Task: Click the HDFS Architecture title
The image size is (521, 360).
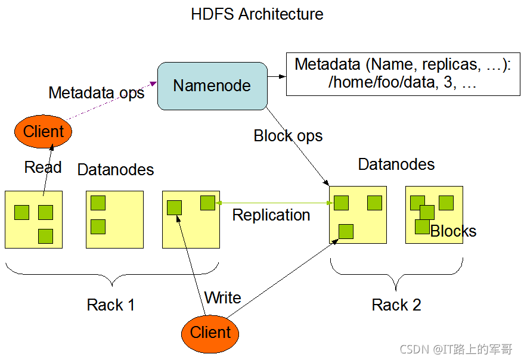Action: (x=257, y=14)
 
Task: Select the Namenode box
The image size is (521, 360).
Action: (x=212, y=86)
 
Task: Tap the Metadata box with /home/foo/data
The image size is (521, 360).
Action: (x=402, y=74)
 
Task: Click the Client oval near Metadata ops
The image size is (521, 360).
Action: (x=44, y=131)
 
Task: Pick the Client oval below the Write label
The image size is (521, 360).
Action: (x=210, y=332)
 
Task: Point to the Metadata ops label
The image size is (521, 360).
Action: (x=97, y=93)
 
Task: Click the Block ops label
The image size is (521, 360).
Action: (x=288, y=136)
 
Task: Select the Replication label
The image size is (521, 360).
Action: (x=271, y=215)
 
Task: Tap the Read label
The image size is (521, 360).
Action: (x=43, y=167)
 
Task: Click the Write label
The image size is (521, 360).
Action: (x=222, y=297)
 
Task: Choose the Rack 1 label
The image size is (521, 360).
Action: (x=111, y=305)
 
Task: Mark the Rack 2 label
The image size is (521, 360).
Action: (x=396, y=305)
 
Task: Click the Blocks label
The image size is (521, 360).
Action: (x=454, y=231)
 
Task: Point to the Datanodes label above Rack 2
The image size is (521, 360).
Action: (x=396, y=165)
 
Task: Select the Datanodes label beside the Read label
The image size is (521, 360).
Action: (x=116, y=170)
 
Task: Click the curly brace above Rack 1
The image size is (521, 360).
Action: (x=112, y=274)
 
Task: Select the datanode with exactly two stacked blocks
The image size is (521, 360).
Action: (x=115, y=219)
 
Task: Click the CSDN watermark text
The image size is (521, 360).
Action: (x=457, y=349)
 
